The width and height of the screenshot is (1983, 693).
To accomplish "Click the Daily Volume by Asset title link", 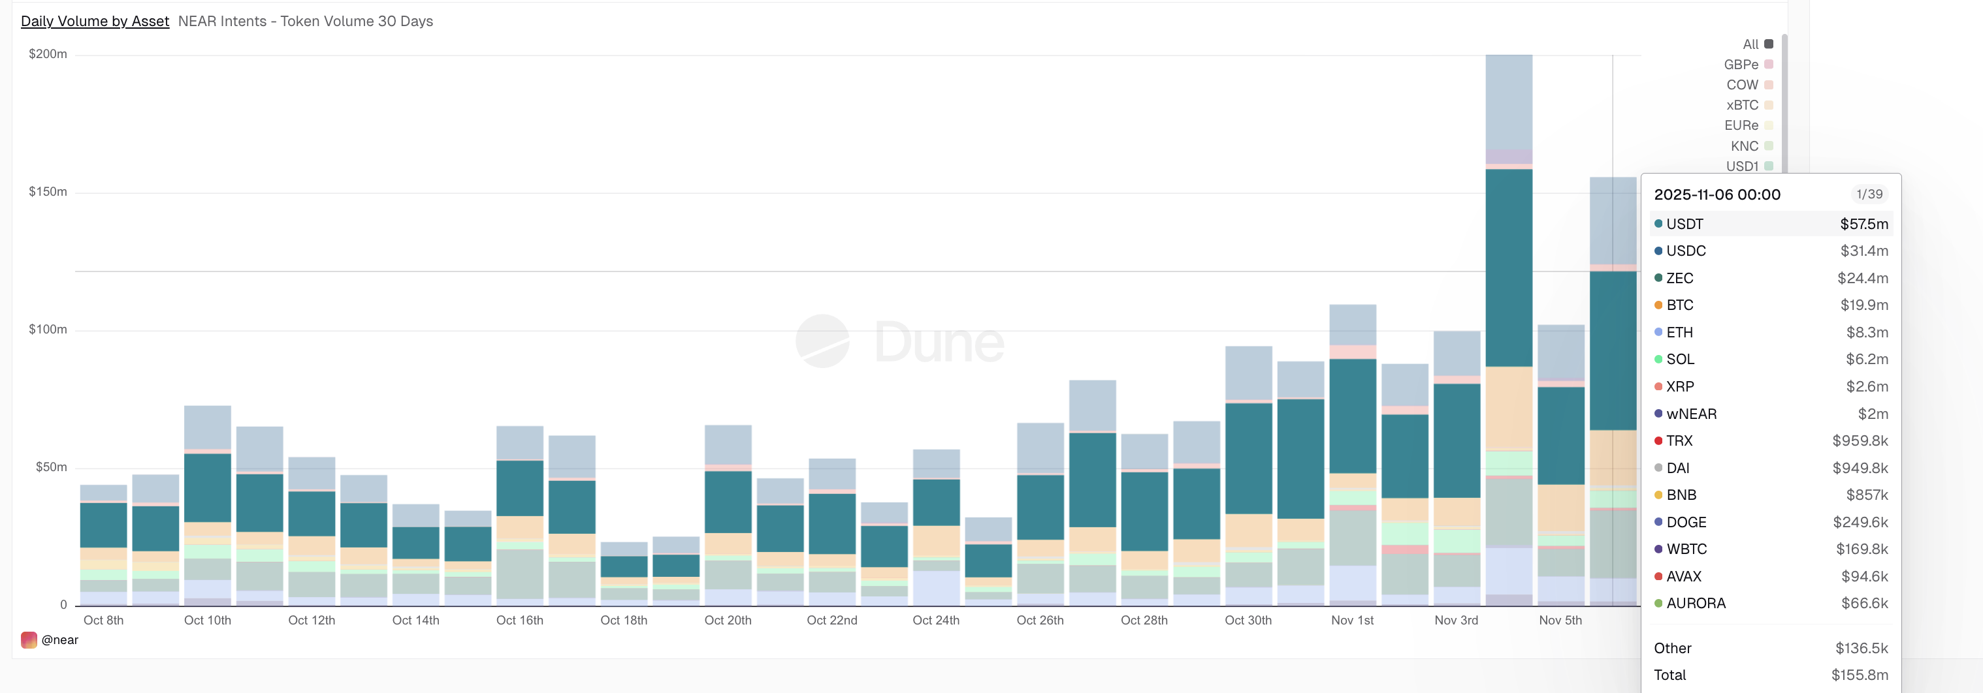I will (95, 22).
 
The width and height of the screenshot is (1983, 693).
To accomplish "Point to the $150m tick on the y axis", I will (48, 191).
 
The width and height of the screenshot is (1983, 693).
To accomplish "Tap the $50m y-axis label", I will (51, 467).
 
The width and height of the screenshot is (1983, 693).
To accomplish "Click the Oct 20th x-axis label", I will (728, 620).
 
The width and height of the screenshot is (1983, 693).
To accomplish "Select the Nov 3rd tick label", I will (1456, 620).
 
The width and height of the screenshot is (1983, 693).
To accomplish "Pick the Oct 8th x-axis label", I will (103, 620).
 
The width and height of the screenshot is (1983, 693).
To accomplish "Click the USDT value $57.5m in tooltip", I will (1863, 224).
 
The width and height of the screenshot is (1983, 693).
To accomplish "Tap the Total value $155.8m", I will (1859, 675).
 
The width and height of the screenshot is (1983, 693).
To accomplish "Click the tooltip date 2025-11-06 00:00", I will (1717, 194).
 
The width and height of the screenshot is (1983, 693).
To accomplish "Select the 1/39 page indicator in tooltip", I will (1869, 194).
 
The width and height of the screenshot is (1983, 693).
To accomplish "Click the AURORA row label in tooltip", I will (1695, 603).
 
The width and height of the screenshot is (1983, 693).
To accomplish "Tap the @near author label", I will (59, 640).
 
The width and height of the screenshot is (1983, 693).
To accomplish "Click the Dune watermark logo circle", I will (822, 341).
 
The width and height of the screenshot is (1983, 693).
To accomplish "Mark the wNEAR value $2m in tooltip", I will (1872, 414).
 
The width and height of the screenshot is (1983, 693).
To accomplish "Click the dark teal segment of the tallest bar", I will (1508, 268).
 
